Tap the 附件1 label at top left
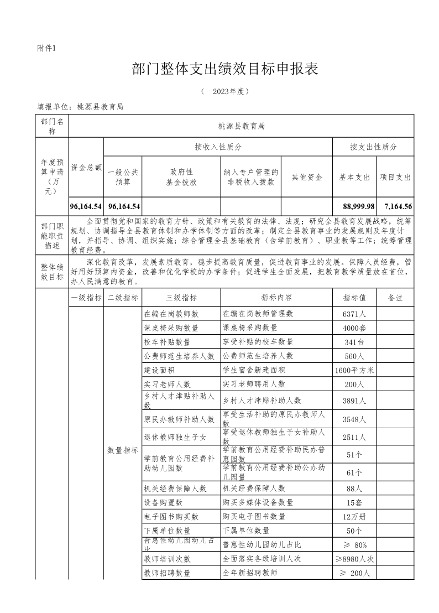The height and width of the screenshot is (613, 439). tap(46, 48)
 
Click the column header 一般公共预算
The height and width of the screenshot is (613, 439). tap(123, 177)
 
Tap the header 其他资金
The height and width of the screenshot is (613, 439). tap(307, 177)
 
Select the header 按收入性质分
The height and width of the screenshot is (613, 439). tap(218, 147)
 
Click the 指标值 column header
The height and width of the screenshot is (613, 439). tap(354, 298)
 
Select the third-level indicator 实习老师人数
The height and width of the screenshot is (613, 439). tap(167, 384)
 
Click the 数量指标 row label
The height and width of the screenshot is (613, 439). tap(123, 450)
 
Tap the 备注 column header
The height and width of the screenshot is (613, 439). tap(395, 298)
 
